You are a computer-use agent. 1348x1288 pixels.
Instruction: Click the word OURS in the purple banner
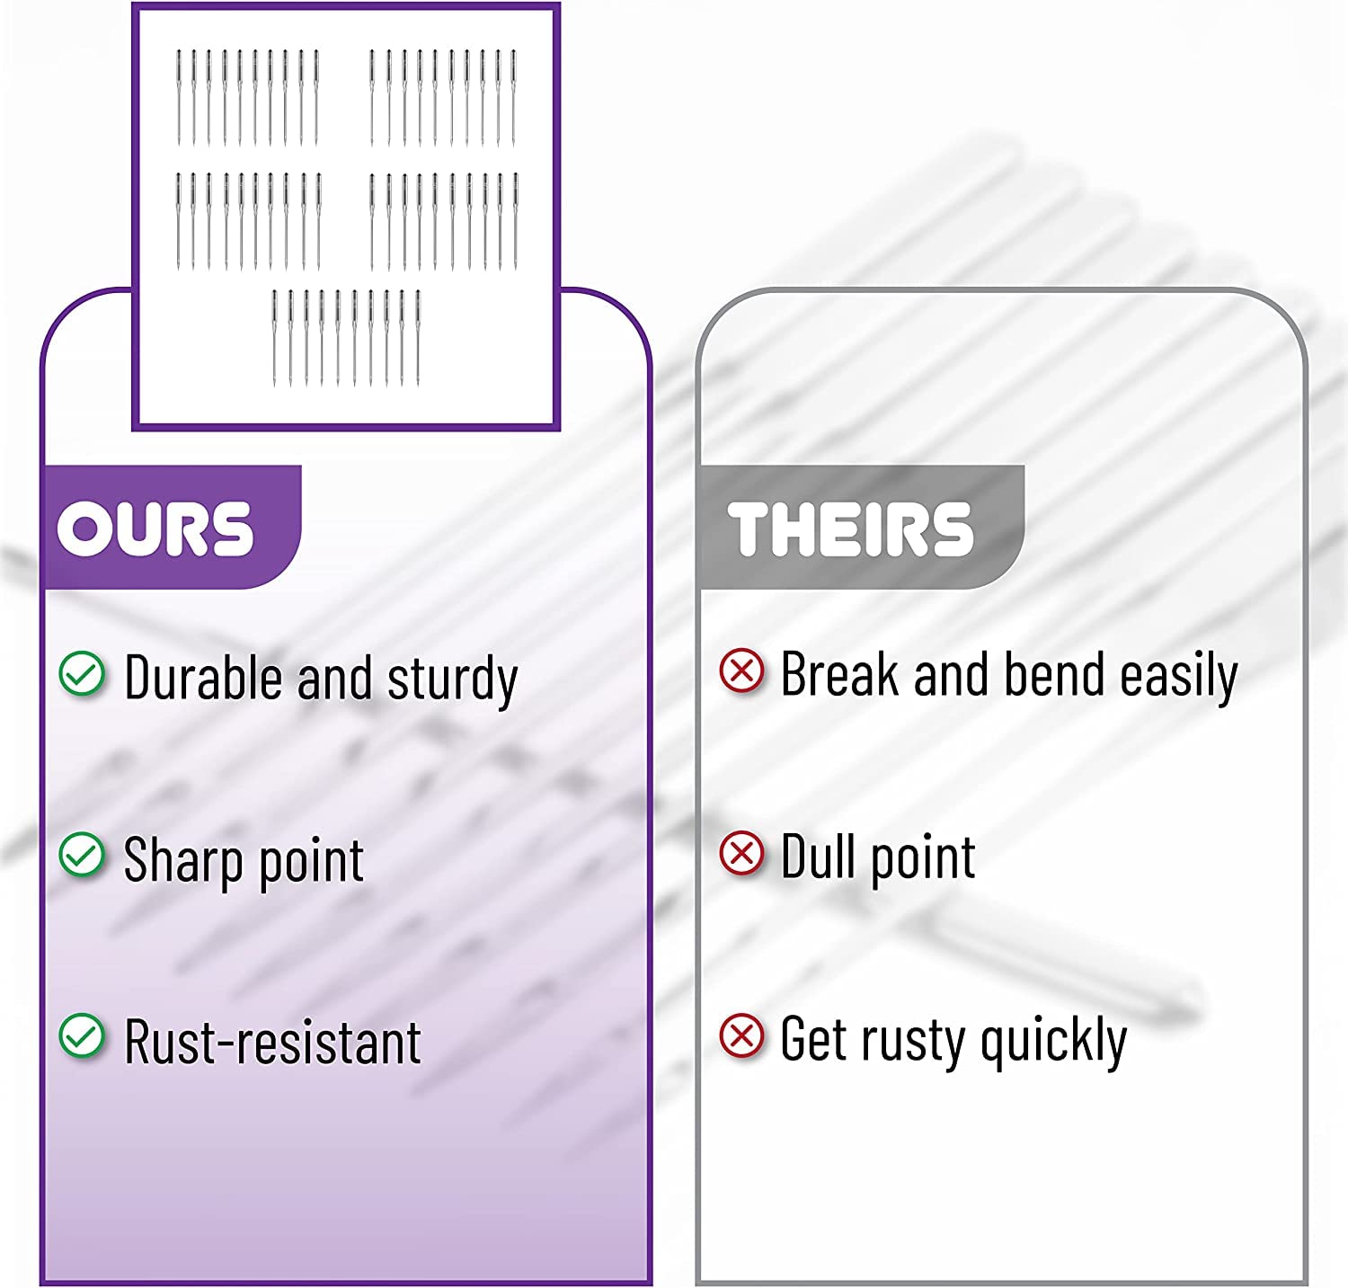(x=155, y=529)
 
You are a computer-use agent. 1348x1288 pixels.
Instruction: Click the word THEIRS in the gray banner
(x=850, y=529)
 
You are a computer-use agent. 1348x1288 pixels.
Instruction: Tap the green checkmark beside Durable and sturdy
(x=82, y=674)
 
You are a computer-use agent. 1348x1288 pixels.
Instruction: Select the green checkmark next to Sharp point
(x=82, y=855)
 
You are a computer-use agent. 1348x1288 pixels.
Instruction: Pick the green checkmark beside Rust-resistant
(x=82, y=1037)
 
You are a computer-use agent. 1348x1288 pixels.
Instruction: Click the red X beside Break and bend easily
(x=742, y=671)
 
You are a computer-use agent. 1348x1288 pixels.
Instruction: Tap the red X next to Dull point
(x=742, y=853)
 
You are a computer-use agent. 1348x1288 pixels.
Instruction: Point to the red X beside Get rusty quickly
(x=742, y=1036)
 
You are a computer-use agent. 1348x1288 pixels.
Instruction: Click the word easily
(x=1179, y=678)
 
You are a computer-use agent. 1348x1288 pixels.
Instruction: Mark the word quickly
(x=1053, y=1041)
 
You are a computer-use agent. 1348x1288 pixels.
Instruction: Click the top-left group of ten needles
(x=247, y=98)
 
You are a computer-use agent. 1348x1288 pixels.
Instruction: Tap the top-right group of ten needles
(x=444, y=98)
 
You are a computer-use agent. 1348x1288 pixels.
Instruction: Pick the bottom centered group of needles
(x=346, y=339)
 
